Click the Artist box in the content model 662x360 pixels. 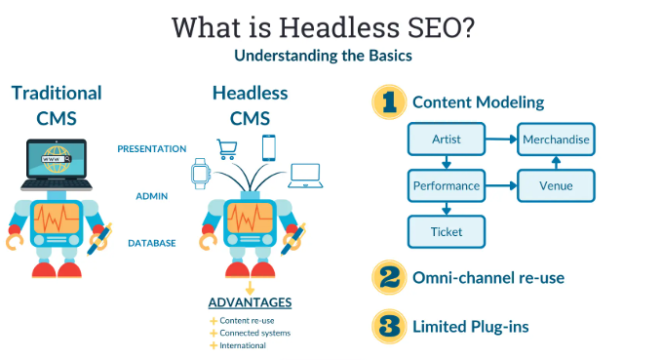tap(446, 139)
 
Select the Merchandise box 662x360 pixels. tap(555, 139)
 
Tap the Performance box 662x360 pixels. tap(446, 184)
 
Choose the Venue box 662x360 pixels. tap(555, 184)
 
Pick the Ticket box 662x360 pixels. tap(446, 230)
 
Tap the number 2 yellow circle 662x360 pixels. tap(389, 277)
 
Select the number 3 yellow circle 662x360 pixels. tap(389, 325)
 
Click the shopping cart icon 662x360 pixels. tap(227, 147)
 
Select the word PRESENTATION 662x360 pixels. tap(151, 149)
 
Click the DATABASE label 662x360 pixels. tap(151, 242)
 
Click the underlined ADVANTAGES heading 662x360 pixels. tap(250, 302)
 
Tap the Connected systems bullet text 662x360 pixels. tap(254, 333)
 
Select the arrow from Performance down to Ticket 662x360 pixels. tap(446, 208)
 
